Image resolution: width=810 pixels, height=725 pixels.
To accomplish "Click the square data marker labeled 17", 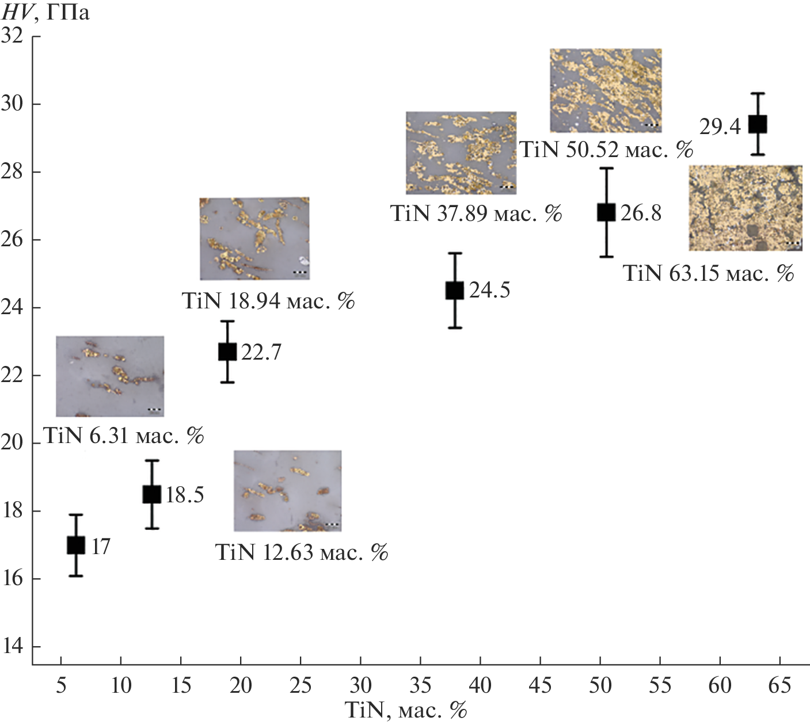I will click(76, 545).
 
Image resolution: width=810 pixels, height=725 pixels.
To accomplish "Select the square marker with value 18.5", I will click(151, 494).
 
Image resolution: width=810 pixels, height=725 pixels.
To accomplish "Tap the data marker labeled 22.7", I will click(227, 352).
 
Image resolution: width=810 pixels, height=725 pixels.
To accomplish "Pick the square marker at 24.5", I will click(455, 291).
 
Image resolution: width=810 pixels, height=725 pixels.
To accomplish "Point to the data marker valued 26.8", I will click(606, 212).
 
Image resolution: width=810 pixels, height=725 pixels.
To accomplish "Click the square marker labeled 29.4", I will click(758, 124).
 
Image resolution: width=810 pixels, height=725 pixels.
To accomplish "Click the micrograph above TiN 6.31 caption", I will click(110, 376).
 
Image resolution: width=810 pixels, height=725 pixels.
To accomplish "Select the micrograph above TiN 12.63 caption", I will click(287, 490).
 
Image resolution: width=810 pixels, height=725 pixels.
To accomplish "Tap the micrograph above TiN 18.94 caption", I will click(254, 238).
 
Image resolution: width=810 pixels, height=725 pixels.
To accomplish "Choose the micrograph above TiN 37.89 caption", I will click(461, 152).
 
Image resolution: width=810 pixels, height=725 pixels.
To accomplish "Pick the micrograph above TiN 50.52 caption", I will click(606, 90).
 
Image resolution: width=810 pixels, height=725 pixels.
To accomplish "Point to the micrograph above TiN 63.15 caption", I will click(746, 208).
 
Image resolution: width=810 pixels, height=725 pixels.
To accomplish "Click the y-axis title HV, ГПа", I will click(46, 12).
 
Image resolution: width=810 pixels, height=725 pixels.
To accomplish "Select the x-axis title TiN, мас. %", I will click(405, 710).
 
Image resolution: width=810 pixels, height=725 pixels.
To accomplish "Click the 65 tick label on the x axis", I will click(779, 685).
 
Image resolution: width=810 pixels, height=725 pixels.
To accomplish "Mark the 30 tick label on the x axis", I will click(360, 685).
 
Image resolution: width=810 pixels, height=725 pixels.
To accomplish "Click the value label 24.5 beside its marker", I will click(489, 290).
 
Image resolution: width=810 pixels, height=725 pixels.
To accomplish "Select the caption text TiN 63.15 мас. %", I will click(709, 273).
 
